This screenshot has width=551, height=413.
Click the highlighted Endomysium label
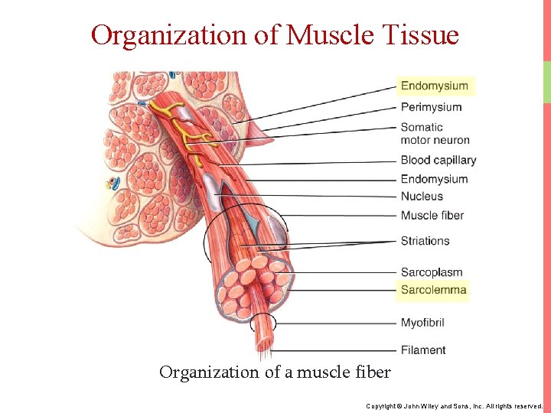[434, 86]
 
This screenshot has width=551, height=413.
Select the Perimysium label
[431, 107]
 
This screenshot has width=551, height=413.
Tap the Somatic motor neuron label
[435, 133]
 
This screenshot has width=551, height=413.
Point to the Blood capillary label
[438, 160]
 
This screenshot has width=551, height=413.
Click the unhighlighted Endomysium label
[434, 179]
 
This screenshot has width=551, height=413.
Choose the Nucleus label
[422, 197]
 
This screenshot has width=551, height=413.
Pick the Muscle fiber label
[432, 216]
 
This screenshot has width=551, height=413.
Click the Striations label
[425, 241]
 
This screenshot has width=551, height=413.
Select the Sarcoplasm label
[431, 272]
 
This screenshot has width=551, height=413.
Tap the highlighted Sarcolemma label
[433, 290]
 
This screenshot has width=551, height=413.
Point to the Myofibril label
[422, 323]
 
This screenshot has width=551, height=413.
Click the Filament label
[423, 350]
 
